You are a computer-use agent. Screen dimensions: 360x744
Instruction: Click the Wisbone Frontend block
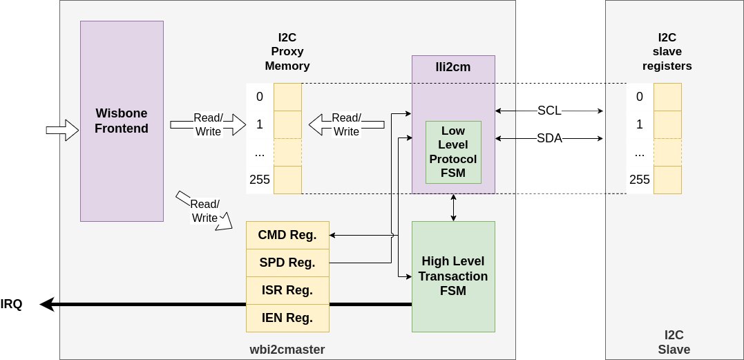tap(122, 121)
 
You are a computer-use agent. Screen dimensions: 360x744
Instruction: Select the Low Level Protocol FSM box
tap(452, 152)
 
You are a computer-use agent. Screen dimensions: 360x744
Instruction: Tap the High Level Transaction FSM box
tap(453, 276)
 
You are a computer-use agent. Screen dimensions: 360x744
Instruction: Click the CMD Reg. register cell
tap(287, 235)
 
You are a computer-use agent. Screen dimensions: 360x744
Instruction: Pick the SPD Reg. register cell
tap(287, 263)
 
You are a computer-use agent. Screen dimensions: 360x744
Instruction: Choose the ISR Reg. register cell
tap(287, 290)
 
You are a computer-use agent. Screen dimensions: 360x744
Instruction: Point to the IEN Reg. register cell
tap(287, 318)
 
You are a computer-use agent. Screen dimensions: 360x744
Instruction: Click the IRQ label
tap(11, 304)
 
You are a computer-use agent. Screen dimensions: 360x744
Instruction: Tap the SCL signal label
tap(549, 111)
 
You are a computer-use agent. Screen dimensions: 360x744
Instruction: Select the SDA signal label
tap(549, 139)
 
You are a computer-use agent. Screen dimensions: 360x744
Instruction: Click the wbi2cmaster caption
tap(287, 350)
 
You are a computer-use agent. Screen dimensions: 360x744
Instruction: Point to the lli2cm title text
tap(453, 66)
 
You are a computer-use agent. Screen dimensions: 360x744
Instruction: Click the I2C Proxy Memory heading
tap(287, 53)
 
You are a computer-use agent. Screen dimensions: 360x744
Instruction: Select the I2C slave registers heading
tap(667, 53)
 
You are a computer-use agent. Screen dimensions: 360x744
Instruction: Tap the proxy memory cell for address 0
tap(287, 97)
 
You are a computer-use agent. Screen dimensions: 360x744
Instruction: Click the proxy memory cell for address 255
tap(287, 180)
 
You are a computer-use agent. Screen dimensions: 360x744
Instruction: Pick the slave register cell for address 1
tap(667, 124)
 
